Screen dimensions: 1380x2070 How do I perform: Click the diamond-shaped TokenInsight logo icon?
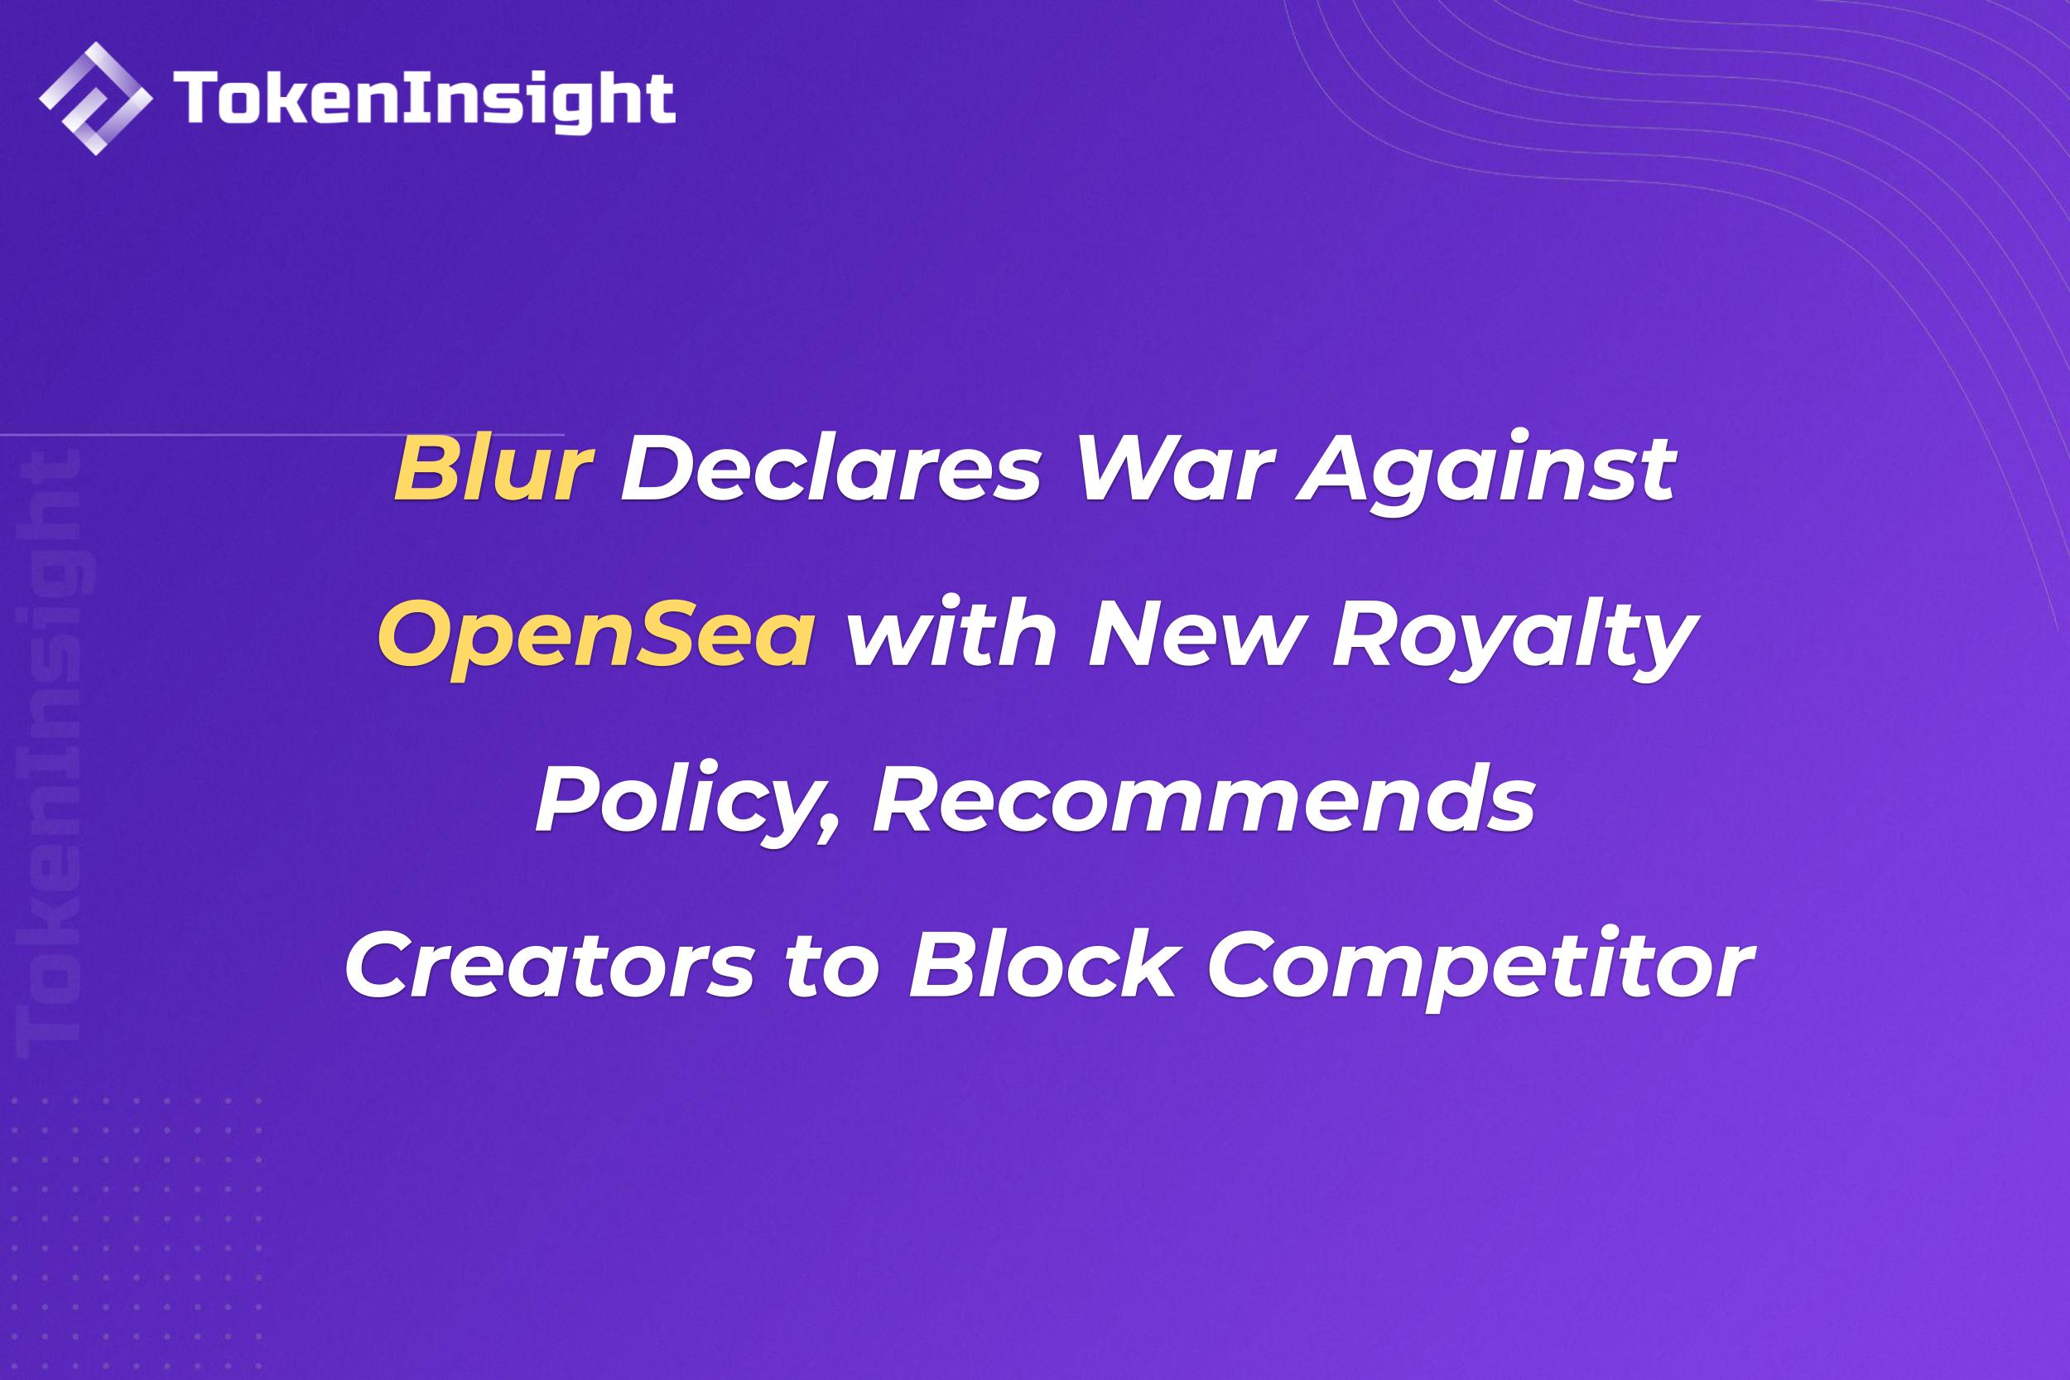click(x=96, y=98)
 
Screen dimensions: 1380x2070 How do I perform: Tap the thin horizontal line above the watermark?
click(x=282, y=435)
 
